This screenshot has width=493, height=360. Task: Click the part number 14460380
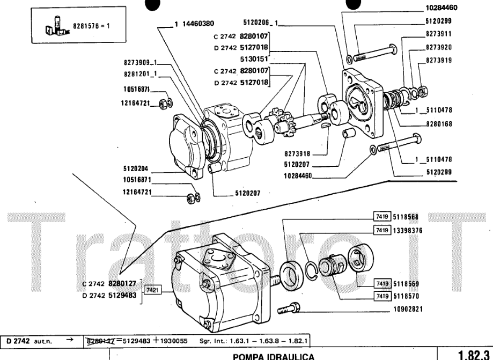[196, 24]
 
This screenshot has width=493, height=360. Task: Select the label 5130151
[254, 60]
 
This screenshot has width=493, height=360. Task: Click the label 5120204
[135, 167]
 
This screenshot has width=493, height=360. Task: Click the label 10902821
[409, 309]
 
